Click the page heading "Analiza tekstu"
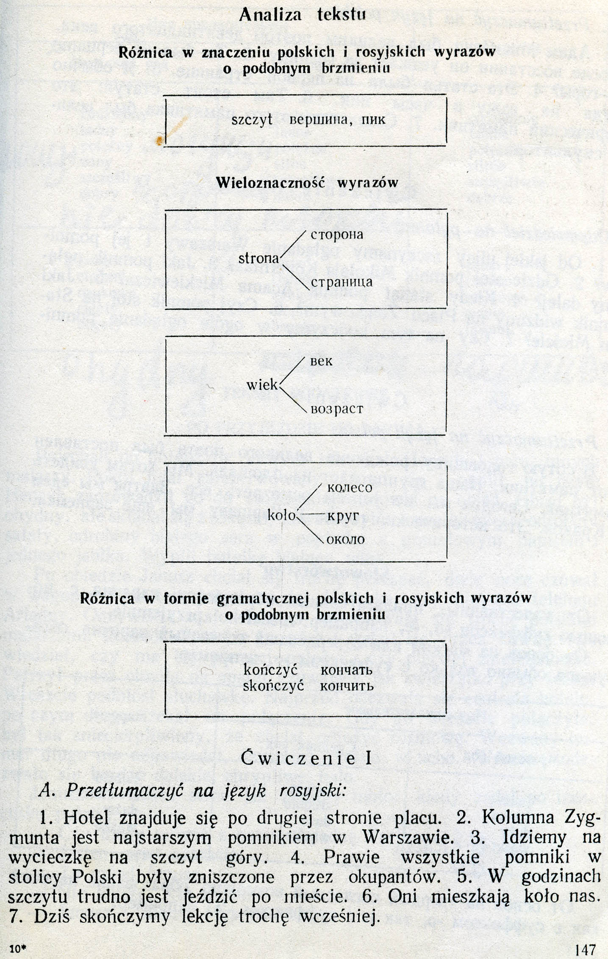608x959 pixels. coord(303,15)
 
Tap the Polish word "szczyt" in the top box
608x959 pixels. coord(252,120)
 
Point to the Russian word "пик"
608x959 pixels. coord(374,120)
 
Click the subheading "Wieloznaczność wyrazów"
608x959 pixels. coord(307,182)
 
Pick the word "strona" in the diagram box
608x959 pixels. coord(259,258)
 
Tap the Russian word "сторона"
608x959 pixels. coord(337,235)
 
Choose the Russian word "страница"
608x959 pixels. coord(341,282)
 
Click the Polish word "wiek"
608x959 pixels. coord(262,385)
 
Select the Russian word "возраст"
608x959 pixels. coord(337,410)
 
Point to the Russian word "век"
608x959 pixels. coord(322,362)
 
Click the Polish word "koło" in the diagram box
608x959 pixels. coord(281,515)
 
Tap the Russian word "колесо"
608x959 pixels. coord(350,488)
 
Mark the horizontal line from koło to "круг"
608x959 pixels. coord(312,514)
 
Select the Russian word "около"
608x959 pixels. coord(346,539)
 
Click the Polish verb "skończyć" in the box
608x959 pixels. coord(273,686)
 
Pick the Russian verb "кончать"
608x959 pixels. coord(347,670)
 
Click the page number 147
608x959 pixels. coord(586,948)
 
